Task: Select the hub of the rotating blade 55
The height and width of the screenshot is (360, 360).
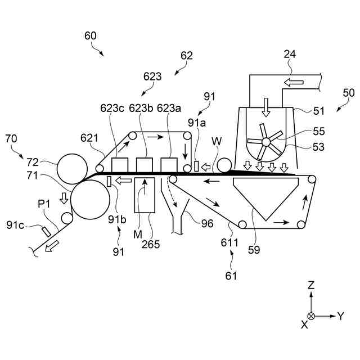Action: coord(267,141)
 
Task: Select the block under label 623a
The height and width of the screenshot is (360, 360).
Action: coord(169,165)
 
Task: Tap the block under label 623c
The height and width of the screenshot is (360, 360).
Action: coord(119,165)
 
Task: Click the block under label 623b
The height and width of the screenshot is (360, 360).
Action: coord(145,165)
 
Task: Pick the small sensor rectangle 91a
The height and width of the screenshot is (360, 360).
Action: coord(196,166)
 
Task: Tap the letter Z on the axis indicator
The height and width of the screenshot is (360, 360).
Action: coord(311,286)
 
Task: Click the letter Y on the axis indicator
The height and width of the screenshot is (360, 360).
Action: coord(340,316)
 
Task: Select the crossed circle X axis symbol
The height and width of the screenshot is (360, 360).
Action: coord(311,316)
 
